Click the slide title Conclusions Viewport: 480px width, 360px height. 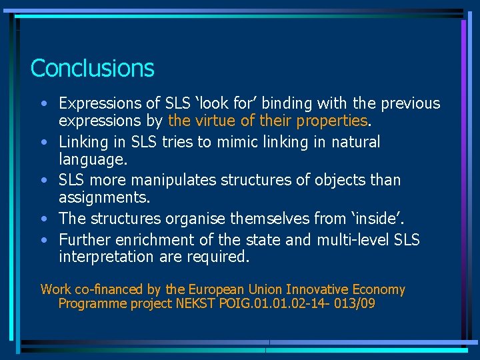pyautogui.click(x=92, y=68)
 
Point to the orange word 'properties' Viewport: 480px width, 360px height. pyautogui.click(x=332, y=121)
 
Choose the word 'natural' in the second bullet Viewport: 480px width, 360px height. pyautogui.click(x=353, y=142)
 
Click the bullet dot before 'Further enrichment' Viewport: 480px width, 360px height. pyautogui.click(x=43, y=240)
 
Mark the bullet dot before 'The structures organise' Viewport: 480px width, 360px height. pyautogui.click(x=43, y=219)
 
